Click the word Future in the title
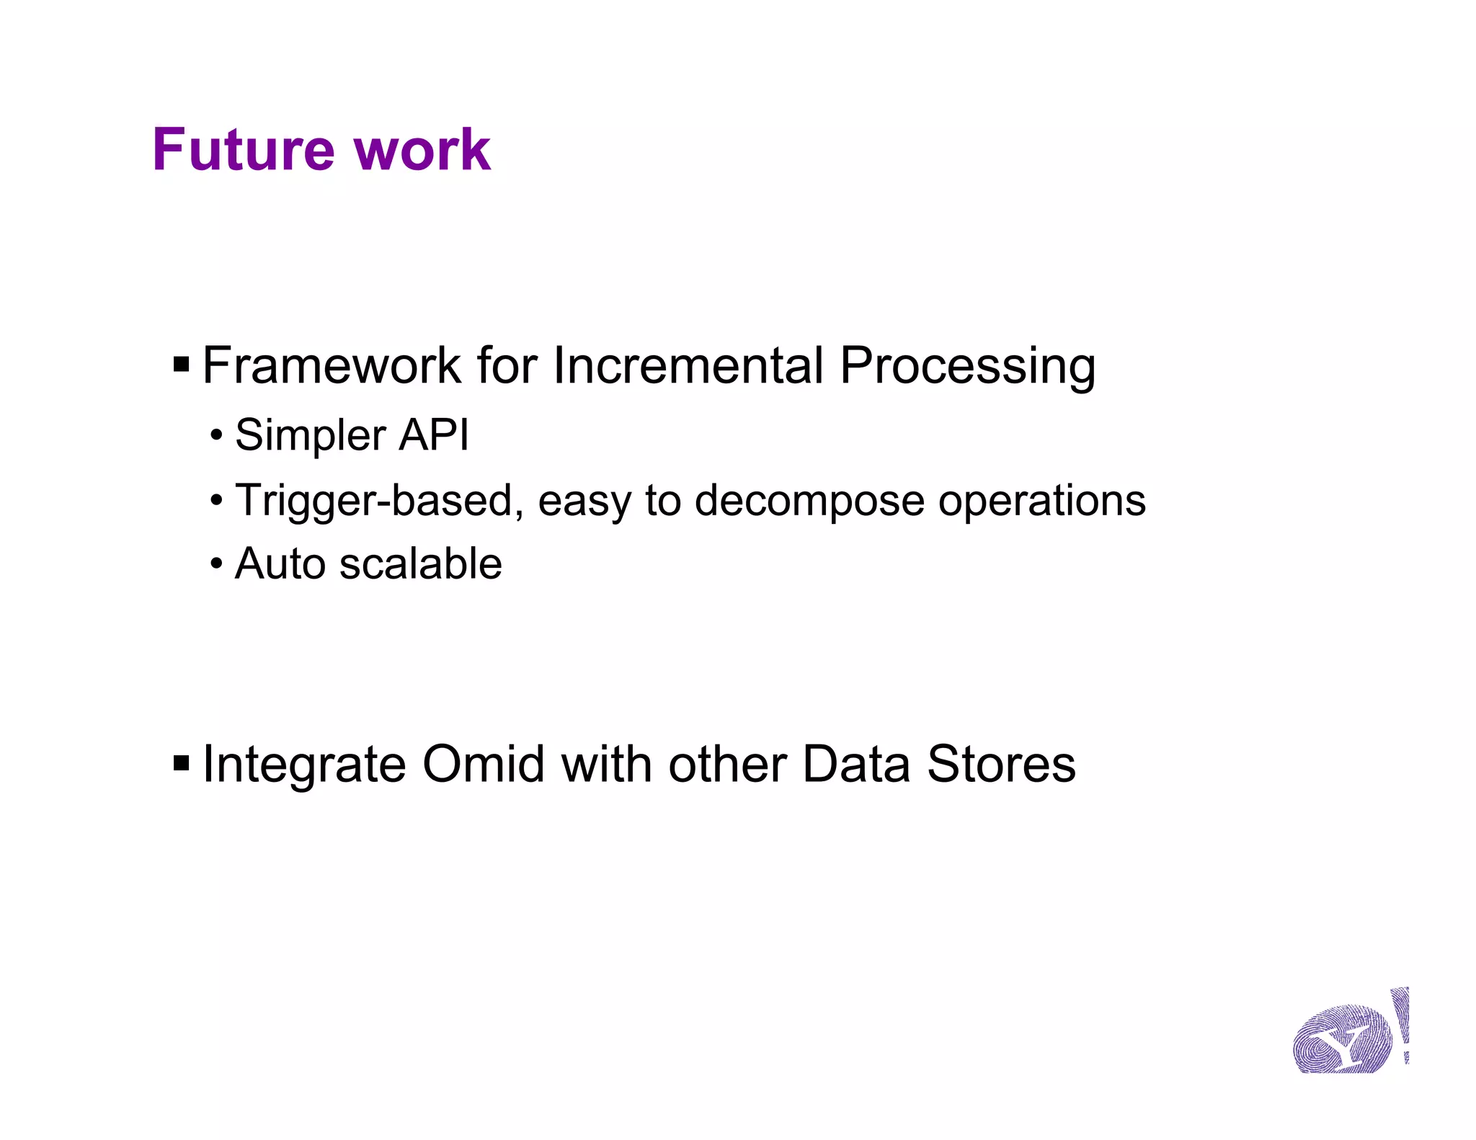click(x=244, y=150)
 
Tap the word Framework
click(x=331, y=365)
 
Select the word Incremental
click(x=688, y=365)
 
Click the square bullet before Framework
click(x=182, y=365)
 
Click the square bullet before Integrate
click(x=182, y=763)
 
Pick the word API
click(x=433, y=435)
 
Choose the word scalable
click(x=420, y=564)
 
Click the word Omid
click(x=483, y=764)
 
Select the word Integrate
click(x=304, y=765)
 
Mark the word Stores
click(x=1001, y=764)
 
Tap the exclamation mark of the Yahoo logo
click(x=1401, y=1023)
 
